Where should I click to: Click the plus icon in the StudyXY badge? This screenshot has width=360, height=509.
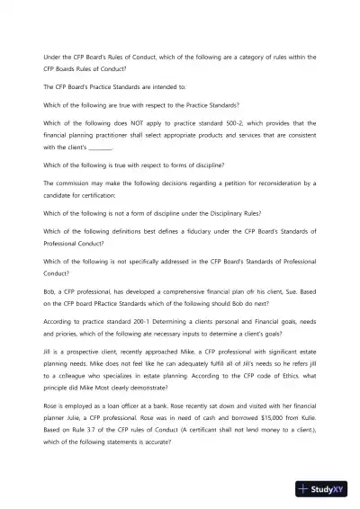[x=307, y=489]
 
